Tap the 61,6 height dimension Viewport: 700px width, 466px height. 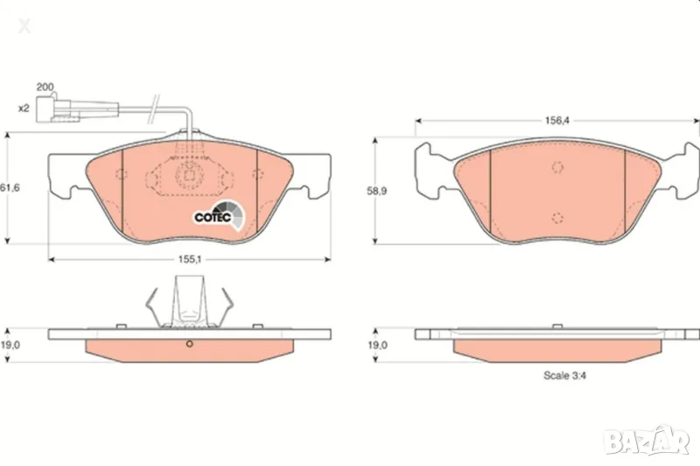[x=10, y=188]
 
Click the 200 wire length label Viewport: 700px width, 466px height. [x=45, y=87]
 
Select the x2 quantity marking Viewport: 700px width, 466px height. [x=24, y=108]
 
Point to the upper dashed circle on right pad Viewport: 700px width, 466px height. [x=556, y=168]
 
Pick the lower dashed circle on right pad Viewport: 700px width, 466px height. [x=556, y=218]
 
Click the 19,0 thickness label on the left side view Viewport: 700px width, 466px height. [x=10, y=345]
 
